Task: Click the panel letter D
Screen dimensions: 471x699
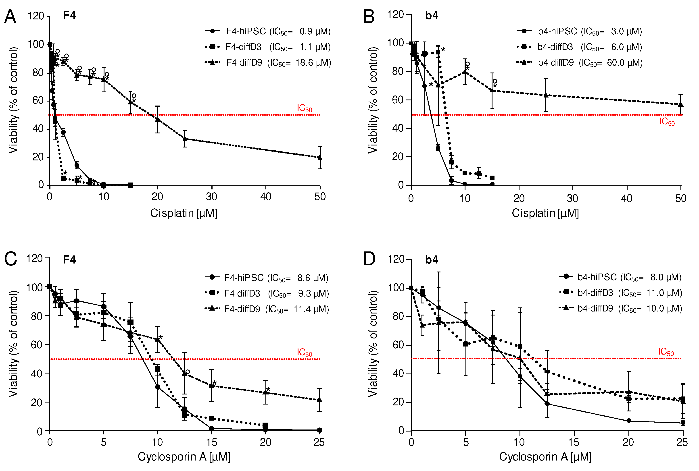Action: pos(369,259)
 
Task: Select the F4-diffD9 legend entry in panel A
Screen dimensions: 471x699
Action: pos(268,62)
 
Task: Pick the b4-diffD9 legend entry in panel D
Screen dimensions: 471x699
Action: pos(620,309)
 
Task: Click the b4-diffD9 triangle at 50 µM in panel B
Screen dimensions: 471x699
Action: pos(681,105)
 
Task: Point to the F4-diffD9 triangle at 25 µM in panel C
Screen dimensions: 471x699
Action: pos(319,400)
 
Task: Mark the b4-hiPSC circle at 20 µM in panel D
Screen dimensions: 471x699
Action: pos(628,421)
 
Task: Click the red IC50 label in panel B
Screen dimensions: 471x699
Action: pos(667,122)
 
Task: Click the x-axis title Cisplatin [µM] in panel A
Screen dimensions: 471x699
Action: pos(184,213)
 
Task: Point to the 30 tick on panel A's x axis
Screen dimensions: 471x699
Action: pos(212,197)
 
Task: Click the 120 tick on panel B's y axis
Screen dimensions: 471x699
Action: pos(395,15)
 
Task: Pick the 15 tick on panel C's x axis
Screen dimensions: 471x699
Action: pos(212,442)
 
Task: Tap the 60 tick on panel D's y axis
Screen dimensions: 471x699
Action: pos(398,345)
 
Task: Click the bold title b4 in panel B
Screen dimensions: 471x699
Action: pos(432,16)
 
